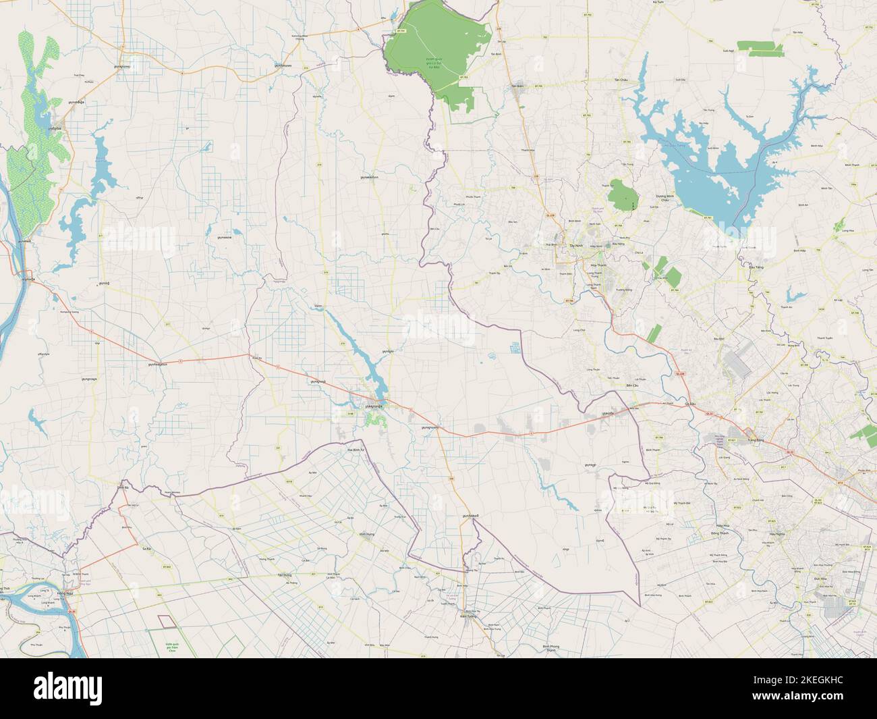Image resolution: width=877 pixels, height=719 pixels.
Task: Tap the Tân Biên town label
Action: click(x=517, y=86)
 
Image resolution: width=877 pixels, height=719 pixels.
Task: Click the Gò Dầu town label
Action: click(x=689, y=404)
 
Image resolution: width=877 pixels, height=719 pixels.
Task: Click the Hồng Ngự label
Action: click(x=65, y=592)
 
